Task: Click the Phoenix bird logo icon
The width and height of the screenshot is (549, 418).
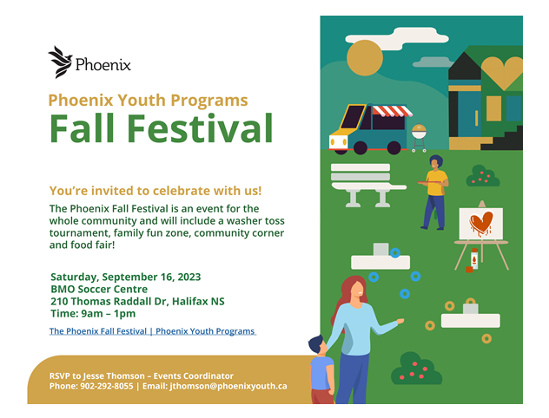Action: (60, 62)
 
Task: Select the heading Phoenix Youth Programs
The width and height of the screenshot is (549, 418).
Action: (148, 100)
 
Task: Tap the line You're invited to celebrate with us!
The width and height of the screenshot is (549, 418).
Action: (155, 190)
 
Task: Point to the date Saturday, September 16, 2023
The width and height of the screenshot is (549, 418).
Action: (125, 277)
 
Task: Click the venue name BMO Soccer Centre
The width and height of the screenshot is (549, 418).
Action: (98, 289)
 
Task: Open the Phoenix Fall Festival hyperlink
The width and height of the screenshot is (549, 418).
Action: (152, 331)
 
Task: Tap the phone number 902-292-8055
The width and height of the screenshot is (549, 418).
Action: (106, 386)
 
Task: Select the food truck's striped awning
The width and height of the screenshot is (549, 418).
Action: (389, 111)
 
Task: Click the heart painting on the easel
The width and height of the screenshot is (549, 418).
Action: (480, 224)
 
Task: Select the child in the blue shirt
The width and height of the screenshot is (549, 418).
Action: (321, 369)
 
